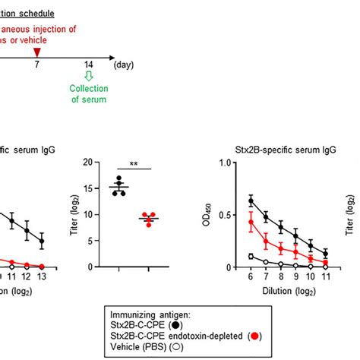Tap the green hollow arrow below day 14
click(89, 75)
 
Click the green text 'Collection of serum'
click(89, 93)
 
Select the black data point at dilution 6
click(230, 201)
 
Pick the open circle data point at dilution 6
click(230, 257)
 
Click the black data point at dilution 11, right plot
click(325, 254)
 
